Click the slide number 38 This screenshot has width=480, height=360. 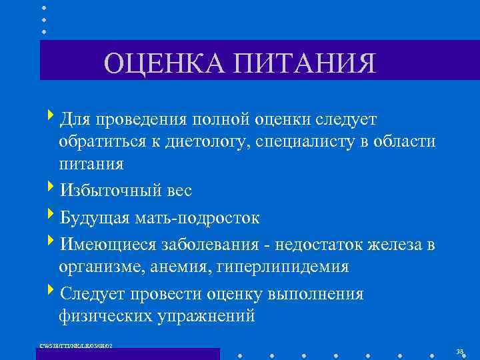click(x=459, y=351)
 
